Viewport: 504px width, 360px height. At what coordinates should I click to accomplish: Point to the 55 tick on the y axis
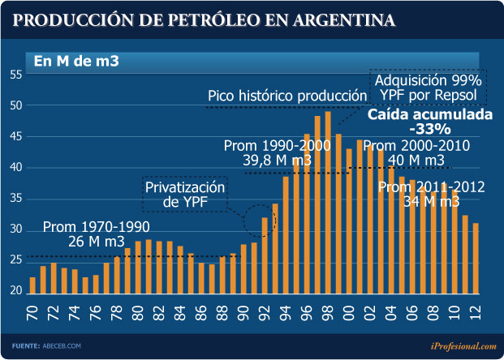(15, 75)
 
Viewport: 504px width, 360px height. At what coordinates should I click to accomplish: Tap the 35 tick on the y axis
(15, 199)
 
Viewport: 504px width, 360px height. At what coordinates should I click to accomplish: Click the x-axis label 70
(33, 311)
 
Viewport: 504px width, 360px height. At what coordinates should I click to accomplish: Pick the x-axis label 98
(328, 311)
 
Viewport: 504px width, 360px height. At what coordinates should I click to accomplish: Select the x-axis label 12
(476, 311)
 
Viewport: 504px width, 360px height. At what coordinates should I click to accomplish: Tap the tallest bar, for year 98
(328, 202)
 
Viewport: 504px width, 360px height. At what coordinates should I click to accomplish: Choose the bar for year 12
(476, 258)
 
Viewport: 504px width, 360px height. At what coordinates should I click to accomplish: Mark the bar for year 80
(138, 267)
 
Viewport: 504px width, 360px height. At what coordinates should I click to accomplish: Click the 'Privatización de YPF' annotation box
(184, 195)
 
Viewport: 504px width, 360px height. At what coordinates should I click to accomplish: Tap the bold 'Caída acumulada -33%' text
(430, 122)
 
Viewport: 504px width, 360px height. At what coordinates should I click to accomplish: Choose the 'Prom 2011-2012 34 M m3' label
(432, 195)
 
